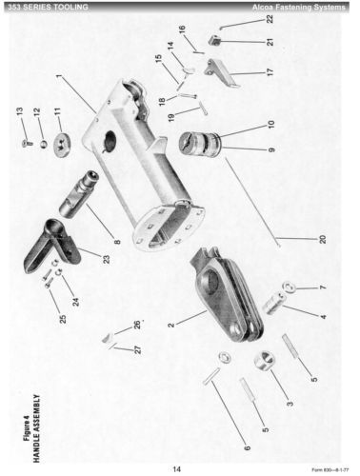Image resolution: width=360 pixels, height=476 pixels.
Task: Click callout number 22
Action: tap(270, 19)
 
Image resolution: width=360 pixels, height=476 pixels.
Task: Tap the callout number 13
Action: tap(19, 111)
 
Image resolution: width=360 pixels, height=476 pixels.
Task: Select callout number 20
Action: tap(322, 239)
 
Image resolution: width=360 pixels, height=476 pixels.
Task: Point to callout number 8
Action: tap(117, 242)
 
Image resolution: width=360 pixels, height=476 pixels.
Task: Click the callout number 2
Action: tap(171, 325)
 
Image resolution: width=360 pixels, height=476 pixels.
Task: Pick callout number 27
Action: tap(138, 349)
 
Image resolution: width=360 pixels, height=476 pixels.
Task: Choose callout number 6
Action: tap(248, 447)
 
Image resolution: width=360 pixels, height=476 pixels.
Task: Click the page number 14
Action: tap(177, 469)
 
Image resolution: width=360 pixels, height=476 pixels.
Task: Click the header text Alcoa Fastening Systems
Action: tap(299, 7)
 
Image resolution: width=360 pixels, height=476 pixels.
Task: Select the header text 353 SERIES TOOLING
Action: tap(49, 7)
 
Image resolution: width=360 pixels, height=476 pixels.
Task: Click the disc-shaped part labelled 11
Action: tap(64, 145)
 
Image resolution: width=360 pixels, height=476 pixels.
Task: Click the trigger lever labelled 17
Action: tap(221, 72)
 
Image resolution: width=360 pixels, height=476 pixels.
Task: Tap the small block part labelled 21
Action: tap(215, 40)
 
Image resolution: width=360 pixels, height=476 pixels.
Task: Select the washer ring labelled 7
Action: tap(290, 288)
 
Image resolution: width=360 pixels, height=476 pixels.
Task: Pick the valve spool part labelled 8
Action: tap(78, 194)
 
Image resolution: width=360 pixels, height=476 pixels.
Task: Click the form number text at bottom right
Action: tap(330, 469)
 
